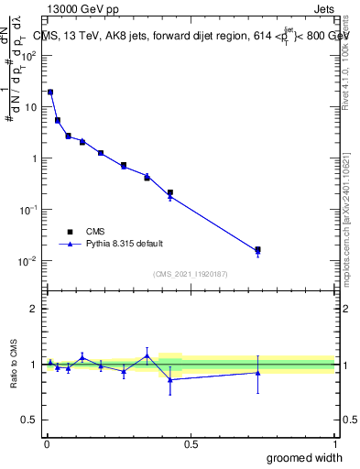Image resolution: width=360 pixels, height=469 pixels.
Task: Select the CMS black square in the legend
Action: coord(70,232)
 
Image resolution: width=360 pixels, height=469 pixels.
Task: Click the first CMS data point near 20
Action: coord(50,92)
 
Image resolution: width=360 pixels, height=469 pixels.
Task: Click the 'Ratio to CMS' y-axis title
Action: coord(14,364)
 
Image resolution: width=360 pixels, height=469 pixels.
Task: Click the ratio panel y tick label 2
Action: coord(34,309)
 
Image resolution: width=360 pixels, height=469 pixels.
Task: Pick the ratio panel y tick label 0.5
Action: coord(29,421)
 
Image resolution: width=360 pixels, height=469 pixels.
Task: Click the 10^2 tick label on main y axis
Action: coord(29,55)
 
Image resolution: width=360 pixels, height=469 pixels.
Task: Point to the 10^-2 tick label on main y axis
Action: coord(29,261)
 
